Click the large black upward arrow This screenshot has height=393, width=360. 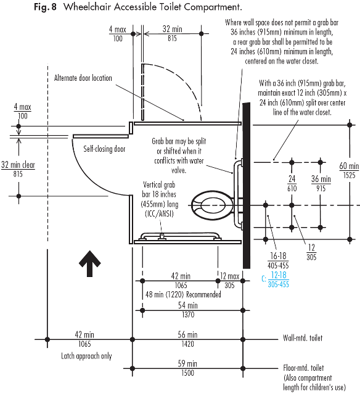click(x=89, y=263)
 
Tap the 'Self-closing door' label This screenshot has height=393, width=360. click(x=104, y=149)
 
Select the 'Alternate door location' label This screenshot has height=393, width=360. click(x=83, y=78)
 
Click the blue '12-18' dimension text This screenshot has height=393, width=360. click(x=279, y=275)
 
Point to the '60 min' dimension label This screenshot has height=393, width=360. click(x=349, y=166)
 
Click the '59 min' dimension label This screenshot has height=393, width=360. click(x=187, y=363)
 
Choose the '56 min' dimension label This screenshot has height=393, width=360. click(x=187, y=334)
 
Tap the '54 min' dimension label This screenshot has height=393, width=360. click(x=188, y=305)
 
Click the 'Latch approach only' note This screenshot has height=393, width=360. click(x=86, y=356)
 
